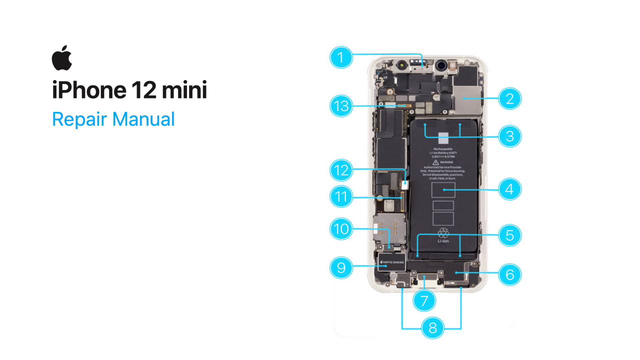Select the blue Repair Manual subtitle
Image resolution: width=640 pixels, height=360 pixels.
click(113, 119)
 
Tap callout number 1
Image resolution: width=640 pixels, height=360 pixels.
click(341, 57)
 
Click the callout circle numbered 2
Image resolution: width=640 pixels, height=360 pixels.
click(509, 98)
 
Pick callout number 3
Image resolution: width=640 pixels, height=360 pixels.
click(509, 136)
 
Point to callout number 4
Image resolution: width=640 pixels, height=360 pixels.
click(509, 189)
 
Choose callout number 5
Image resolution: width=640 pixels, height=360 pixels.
click(509, 235)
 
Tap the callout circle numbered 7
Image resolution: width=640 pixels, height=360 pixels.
click(424, 300)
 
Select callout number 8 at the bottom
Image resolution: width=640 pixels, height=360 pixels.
click(432, 328)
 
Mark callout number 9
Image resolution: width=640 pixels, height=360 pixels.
click(341, 267)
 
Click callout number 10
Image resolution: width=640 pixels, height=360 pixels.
click(341, 229)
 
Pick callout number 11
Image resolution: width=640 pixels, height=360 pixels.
click(341, 197)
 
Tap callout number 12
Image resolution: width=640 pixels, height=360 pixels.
click(341, 170)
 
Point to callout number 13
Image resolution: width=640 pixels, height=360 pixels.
click(341, 106)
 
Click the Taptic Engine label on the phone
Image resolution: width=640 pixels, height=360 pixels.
click(392, 261)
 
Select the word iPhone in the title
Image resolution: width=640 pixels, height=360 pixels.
click(88, 90)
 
